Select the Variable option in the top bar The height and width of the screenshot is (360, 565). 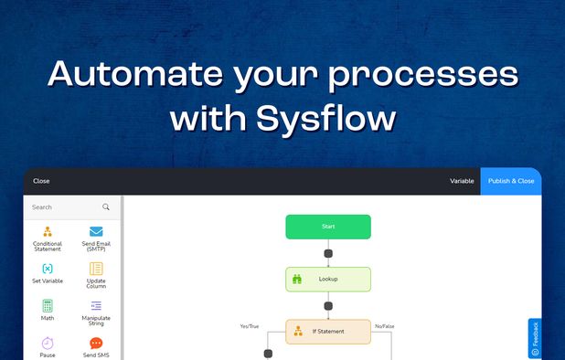click(462, 181)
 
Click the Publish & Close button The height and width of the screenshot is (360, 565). click(511, 181)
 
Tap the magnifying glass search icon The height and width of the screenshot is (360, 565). click(106, 207)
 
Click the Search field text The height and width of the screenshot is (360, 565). click(42, 207)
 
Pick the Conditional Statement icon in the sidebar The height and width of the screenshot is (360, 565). click(48, 232)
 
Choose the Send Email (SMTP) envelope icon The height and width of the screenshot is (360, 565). click(96, 232)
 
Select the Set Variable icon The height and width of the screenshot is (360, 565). click(48, 269)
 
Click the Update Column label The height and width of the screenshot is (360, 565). click(96, 283)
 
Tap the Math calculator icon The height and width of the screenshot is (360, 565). click(48, 305)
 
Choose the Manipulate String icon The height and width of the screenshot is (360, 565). click(96, 305)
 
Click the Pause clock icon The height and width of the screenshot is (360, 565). click(48, 343)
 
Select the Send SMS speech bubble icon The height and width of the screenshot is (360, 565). click(96, 343)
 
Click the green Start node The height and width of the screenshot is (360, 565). click(328, 227)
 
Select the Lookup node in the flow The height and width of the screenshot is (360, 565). click(328, 279)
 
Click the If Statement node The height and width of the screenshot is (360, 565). click(328, 331)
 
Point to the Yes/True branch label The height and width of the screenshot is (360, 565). click(250, 325)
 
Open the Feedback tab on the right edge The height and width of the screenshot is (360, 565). click(535, 338)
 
